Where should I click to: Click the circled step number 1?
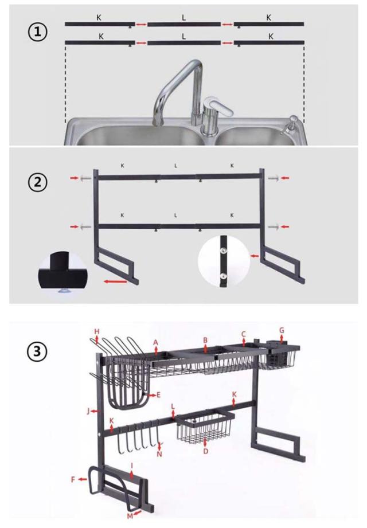pos(37,32)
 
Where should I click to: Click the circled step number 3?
pos(37,351)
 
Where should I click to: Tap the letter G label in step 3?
pos(282,330)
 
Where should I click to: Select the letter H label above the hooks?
pos(97,331)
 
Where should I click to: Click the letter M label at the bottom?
pos(130,515)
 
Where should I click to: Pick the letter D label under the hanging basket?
pos(206,451)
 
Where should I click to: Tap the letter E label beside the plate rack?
pos(158,395)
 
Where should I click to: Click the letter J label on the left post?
pos(89,411)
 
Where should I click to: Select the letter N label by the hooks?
pos(159,453)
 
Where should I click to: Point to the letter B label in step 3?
pos(205,339)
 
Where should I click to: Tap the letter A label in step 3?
pos(155,342)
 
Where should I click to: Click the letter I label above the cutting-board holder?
pos(132,466)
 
